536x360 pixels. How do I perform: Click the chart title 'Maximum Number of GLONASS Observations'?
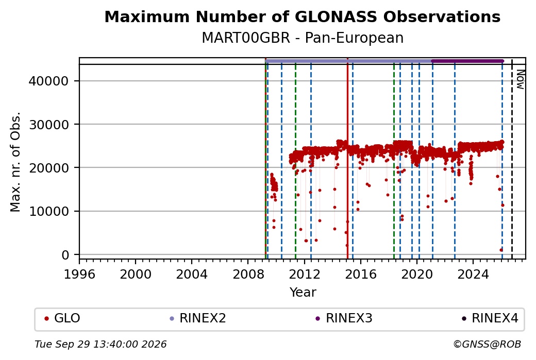point(302,16)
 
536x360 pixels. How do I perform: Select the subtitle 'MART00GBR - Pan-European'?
point(302,38)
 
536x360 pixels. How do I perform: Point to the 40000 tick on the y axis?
point(48,81)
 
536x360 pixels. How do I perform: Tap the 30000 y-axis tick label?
point(48,125)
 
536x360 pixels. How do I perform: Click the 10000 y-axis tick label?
point(48,212)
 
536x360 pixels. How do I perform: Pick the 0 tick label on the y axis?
point(65,255)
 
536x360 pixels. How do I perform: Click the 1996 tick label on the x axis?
point(79,275)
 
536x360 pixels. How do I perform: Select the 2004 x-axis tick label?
point(191,275)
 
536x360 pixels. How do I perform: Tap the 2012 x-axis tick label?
point(304,275)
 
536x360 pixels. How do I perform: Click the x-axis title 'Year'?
point(303,293)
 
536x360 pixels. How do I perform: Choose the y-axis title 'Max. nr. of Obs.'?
point(15,162)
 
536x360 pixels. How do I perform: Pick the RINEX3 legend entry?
point(344,318)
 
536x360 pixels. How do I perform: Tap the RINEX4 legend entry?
point(490,318)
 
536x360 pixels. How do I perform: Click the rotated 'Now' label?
point(520,79)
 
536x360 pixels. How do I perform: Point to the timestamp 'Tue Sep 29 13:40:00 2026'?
point(100,344)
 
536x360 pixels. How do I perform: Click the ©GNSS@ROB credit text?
point(487,344)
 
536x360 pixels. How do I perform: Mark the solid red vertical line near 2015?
point(347,159)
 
